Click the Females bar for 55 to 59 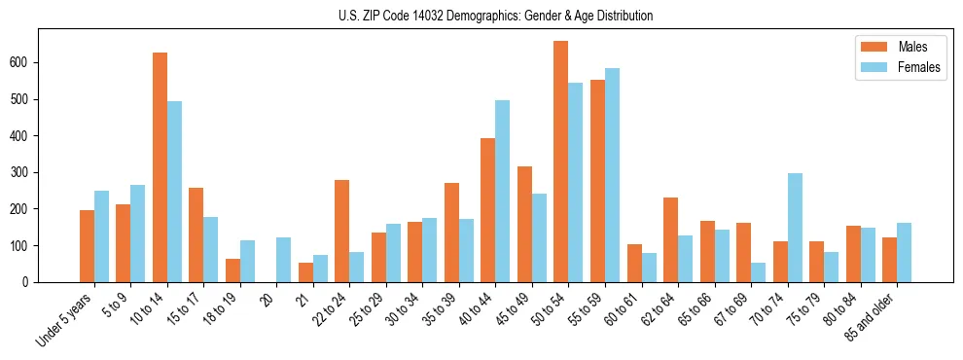(x=612, y=175)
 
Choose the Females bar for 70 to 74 (x=795, y=228)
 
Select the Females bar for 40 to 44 (x=503, y=191)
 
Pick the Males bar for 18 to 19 (x=232, y=270)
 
